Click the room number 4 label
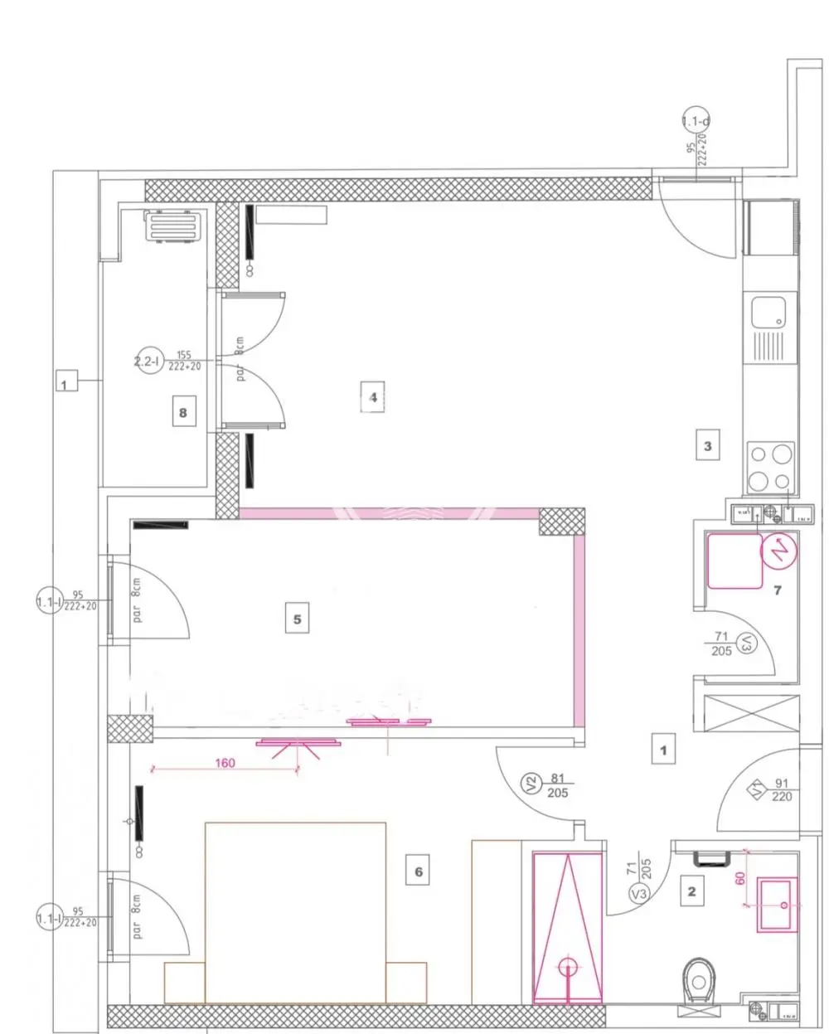pyautogui.click(x=373, y=398)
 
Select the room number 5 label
pyautogui.click(x=298, y=619)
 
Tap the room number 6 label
pyautogui.click(x=419, y=871)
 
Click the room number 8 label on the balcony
pyautogui.click(x=183, y=411)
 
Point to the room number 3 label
pyautogui.click(x=707, y=446)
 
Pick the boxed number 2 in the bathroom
pyautogui.click(x=691, y=892)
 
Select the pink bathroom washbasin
pyautogui.click(x=777, y=905)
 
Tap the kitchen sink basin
pyautogui.click(x=768, y=314)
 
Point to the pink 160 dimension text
pyautogui.click(x=225, y=763)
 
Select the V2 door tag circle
pyautogui.click(x=531, y=782)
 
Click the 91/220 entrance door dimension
pyautogui.click(x=781, y=790)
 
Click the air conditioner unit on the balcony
pyautogui.click(x=173, y=225)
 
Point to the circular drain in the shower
pyautogui.click(x=568, y=966)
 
